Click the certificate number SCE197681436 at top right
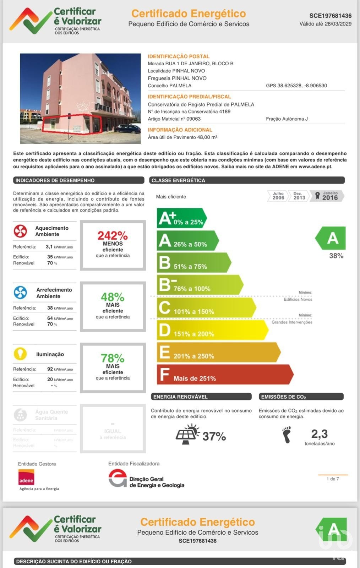(x=330, y=16)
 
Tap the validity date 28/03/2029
(x=338, y=24)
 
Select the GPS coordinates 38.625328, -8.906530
(x=296, y=86)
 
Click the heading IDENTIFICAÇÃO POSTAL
(x=179, y=56)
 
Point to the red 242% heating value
(x=113, y=235)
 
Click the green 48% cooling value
(x=113, y=297)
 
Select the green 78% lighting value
(x=113, y=358)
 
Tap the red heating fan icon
(x=20, y=231)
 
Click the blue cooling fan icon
(x=20, y=293)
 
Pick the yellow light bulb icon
(x=20, y=354)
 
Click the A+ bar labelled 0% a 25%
(x=181, y=218)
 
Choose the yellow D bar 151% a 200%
(x=212, y=330)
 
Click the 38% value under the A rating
(x=336, y=256)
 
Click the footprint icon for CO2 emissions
(x=287, y=435)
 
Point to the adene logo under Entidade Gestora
(x=26, y=477)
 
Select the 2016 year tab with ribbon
(x=327, y=196)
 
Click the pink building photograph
(x=80, y=98)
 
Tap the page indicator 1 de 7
(x=333, y=479)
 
